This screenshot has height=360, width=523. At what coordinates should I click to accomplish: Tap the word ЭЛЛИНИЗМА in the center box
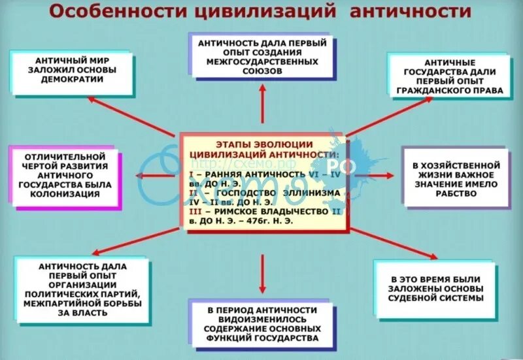click(x=312, y=194)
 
